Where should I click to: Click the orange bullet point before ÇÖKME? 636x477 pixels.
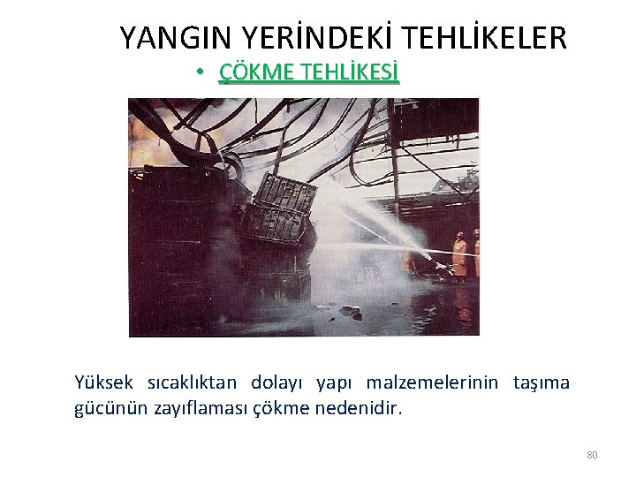point(201,72)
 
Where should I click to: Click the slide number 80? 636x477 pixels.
point(592,455)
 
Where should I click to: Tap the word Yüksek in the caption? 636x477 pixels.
point(103,382)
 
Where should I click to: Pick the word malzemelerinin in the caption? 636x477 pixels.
point(432,382)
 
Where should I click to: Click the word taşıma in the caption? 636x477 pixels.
point(541,382)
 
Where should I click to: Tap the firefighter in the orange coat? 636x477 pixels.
point(459,254)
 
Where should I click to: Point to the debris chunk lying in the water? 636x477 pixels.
point(350,310)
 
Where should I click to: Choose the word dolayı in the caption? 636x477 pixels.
point(276,382)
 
